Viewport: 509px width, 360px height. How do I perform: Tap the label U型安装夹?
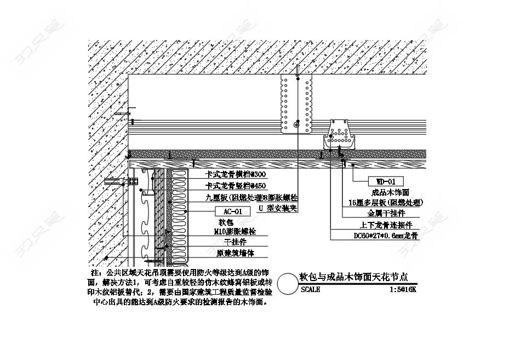tap(278, 208)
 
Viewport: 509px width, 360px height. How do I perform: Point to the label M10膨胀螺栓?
tap(235, 232)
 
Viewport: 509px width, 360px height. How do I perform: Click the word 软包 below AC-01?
tap(226, 222)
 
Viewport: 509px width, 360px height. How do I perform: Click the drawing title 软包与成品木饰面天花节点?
tap(354, 277)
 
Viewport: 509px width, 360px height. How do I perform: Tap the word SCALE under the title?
tap(311, 289)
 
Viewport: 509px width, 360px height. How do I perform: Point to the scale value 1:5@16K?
tap(403, 289)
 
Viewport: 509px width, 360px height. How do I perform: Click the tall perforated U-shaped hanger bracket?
tap(296, 104)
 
